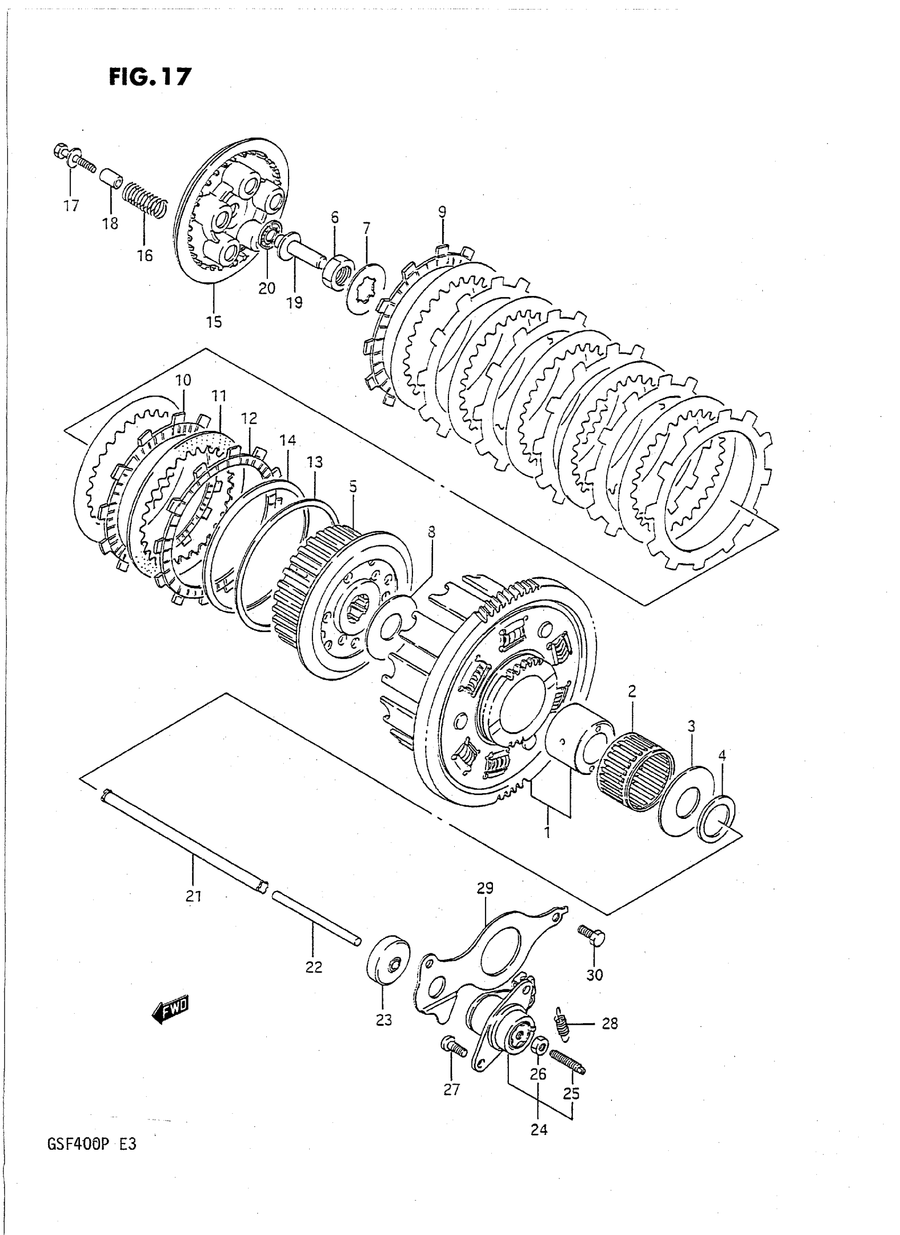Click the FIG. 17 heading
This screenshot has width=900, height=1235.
coord(150,77)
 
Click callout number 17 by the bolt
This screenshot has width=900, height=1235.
coord(71,206)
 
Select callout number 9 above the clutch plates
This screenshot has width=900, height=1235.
coord(442,211)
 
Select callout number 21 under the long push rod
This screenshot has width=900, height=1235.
coord(194,895)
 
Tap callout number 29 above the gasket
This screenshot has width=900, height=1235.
coord(485,888)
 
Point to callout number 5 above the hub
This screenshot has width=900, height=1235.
coord(354,486)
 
